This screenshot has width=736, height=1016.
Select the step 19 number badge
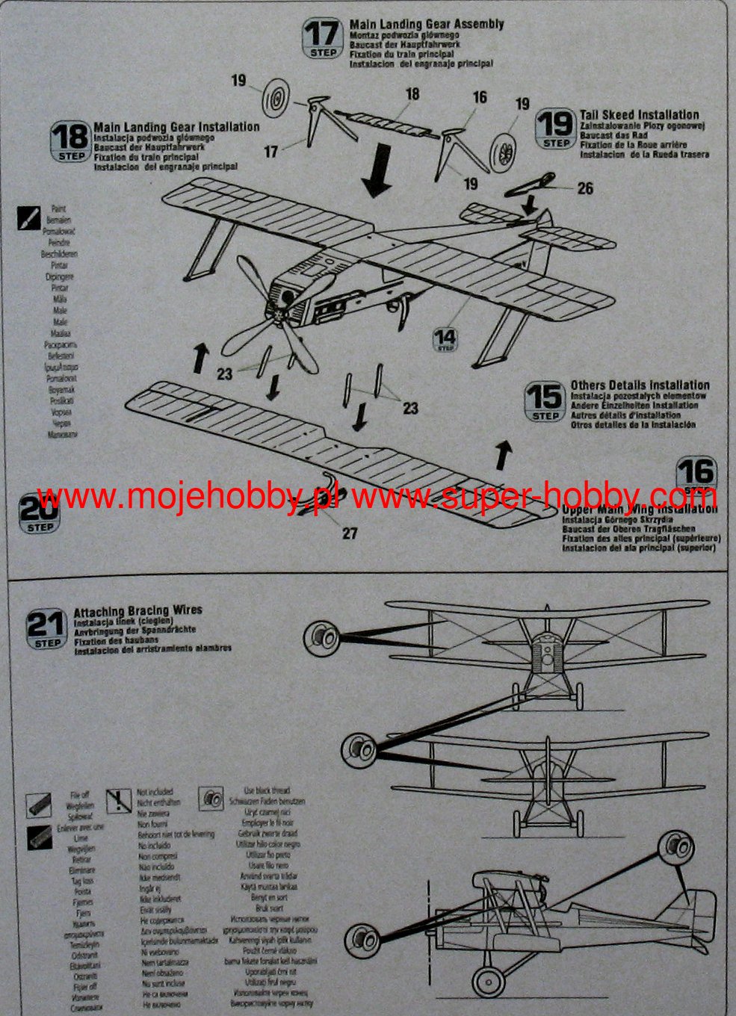pos(556,128)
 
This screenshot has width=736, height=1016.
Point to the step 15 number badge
pos(545,401)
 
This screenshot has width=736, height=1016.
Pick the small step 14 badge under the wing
pos(445,340)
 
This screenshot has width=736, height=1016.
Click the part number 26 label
pos(585,188)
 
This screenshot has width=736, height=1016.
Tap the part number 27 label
pos(350,533)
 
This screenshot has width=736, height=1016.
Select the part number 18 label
pos(412,94)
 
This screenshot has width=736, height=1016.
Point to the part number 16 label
pos(479,97)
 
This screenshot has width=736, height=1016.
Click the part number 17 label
pos(270,152)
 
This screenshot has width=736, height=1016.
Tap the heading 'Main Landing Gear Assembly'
pos(427,25)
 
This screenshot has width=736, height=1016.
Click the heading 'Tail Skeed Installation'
pos(640,115)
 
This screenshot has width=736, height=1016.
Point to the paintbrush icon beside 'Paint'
pos(29,217)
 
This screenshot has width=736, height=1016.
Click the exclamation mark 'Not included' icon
pos(119,800)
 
